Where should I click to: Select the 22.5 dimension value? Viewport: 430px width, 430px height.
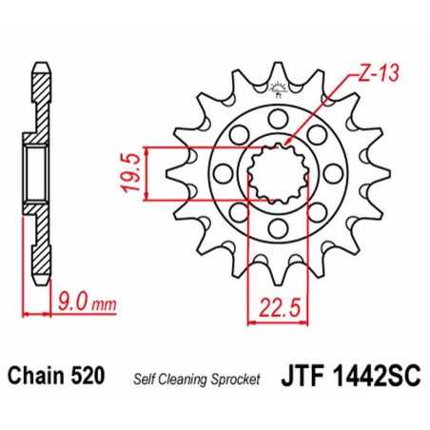tap(270, 306)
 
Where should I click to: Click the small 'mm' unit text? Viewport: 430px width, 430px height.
tap(104, 305)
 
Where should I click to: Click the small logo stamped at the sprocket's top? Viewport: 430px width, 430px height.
tap(278, 92)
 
